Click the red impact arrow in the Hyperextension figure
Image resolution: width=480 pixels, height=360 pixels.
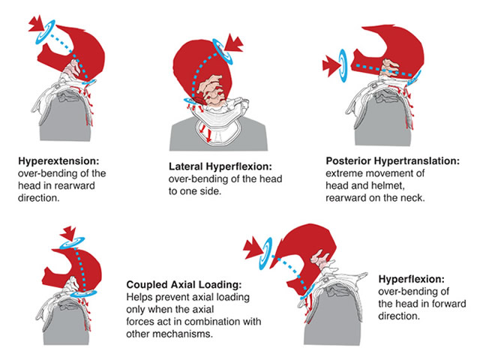(x=37, y=23)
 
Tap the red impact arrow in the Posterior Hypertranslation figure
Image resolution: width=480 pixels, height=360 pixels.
(x=331, y=66)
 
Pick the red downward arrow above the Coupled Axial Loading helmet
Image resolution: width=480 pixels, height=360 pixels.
(x=68, y=233)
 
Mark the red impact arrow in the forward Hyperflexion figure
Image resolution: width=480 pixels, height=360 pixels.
(x=253, y=248)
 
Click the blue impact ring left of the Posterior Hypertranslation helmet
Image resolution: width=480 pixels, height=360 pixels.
(x=343, y=66)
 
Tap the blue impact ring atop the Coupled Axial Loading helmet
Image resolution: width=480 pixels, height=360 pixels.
(x=72, y=242)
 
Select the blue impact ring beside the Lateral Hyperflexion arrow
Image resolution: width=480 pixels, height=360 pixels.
(x=223, y=52)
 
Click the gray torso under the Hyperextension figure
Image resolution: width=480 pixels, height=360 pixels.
(x=66, y=118)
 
